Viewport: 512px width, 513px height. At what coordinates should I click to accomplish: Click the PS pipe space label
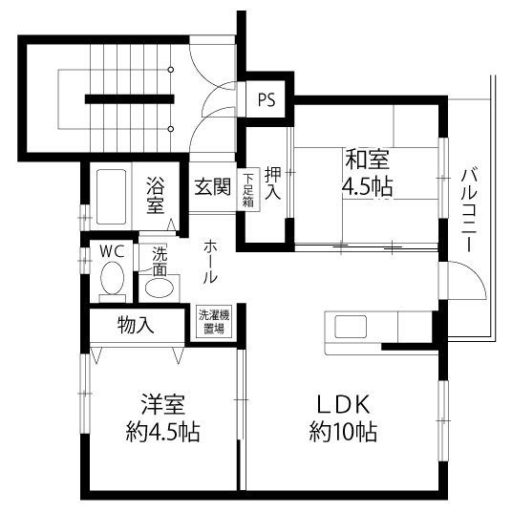[266, 98]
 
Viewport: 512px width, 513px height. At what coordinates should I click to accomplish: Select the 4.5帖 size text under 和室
[367, 185]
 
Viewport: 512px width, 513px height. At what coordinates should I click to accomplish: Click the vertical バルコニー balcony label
[468, 210]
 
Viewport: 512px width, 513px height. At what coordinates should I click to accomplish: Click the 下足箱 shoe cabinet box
[247, 189]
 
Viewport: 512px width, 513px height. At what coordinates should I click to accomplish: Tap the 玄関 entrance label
[212, 186]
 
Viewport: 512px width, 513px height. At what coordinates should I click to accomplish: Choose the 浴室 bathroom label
[155, 195]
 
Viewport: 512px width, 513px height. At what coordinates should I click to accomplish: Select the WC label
[113, 251]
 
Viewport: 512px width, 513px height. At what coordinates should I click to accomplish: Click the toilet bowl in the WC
[112, 282]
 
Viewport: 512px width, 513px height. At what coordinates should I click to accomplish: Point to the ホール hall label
[209, 261]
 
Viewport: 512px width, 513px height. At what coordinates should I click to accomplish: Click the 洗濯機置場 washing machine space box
[212, 321]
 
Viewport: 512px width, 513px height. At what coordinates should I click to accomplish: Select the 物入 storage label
[137, 324]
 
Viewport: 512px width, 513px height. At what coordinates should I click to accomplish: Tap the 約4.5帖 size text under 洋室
[161, 432]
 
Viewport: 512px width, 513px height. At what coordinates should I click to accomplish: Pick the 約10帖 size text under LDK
[342, 432]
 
